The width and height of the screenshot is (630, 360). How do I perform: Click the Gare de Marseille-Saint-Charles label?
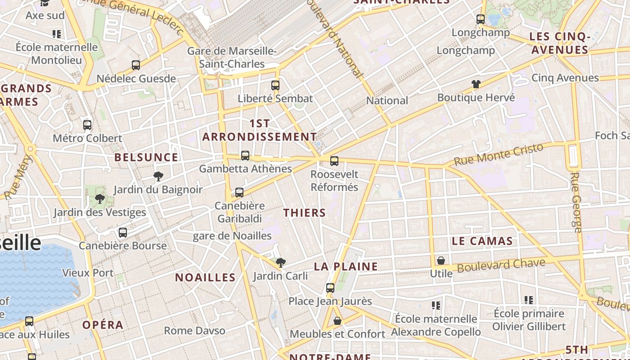coord(232,58)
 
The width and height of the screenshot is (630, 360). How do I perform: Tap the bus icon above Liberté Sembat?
coord(275,85)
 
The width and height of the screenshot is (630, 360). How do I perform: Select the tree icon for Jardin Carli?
coord(281,262)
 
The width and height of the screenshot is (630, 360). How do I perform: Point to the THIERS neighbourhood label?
coord(305,213)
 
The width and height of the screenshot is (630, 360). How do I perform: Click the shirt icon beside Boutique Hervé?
coord(476,84)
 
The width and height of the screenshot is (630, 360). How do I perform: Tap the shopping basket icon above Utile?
coord(441,261)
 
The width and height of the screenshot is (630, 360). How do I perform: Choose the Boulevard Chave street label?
coord(501,265)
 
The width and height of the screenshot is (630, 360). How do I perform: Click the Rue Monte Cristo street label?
coord(499,154)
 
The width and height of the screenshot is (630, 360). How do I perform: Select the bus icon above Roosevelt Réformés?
coord(334,161)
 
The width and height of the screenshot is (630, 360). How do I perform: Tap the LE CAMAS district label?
coord(482,241)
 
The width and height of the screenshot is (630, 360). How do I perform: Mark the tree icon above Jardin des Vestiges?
coord(100,198)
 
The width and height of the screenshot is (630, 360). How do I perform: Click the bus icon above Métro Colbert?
coord(87,125)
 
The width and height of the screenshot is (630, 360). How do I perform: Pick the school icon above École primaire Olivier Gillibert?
coord(529,300)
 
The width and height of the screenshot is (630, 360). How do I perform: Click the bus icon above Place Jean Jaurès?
coord(330,288)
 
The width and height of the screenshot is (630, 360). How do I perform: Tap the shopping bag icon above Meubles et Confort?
coord(337,321)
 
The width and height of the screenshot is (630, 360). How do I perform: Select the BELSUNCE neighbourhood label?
coord(146,157)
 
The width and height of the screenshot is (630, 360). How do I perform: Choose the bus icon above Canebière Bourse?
coord(123,233)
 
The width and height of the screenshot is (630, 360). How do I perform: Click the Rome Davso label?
coord(194,331)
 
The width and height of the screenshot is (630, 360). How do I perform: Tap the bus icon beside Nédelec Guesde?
coord(136,65)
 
